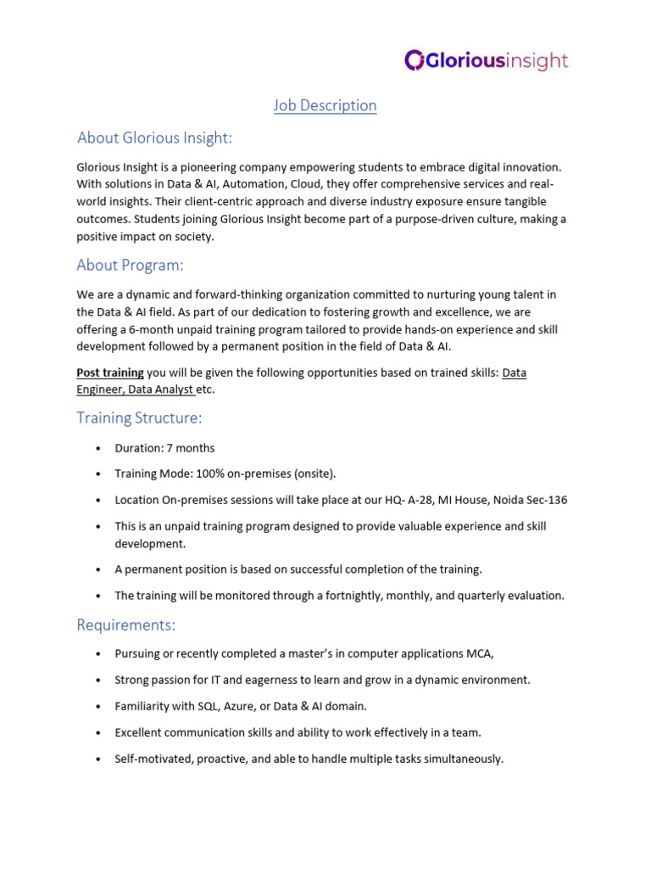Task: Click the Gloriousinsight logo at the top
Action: (x=486, y=60)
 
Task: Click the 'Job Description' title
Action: (x=325, y=105)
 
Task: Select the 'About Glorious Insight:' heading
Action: (x=154, y=137)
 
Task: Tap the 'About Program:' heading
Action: (x=130, y=265)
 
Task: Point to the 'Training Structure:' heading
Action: (x=139, y=418)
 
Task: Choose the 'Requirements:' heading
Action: (x=126, y=625)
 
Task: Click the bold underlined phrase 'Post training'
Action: (x=110, y=373)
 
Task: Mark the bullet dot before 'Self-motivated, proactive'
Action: (x=97, y=760)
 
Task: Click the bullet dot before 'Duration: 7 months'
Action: (x=97, y=449)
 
